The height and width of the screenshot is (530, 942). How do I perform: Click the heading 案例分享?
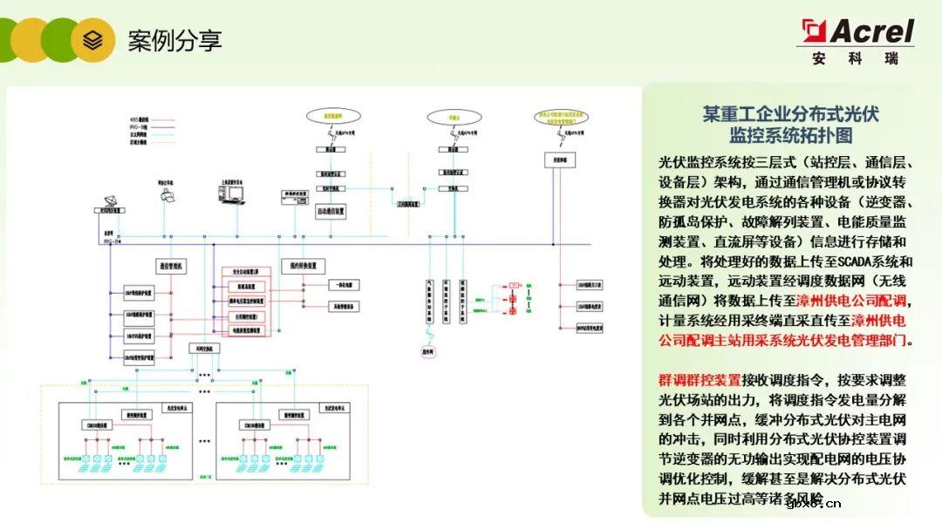174,39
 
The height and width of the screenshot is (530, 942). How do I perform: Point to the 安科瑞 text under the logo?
857,60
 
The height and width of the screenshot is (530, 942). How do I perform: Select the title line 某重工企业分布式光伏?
791,114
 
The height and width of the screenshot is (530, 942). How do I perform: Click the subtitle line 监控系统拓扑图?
791,136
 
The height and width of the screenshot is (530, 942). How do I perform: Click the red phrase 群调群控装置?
700,380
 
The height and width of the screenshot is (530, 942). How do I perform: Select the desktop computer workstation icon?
231,195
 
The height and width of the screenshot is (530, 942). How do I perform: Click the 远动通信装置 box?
331,210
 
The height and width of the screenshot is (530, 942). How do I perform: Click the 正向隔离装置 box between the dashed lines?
407,204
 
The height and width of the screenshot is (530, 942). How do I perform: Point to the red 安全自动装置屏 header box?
249,272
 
